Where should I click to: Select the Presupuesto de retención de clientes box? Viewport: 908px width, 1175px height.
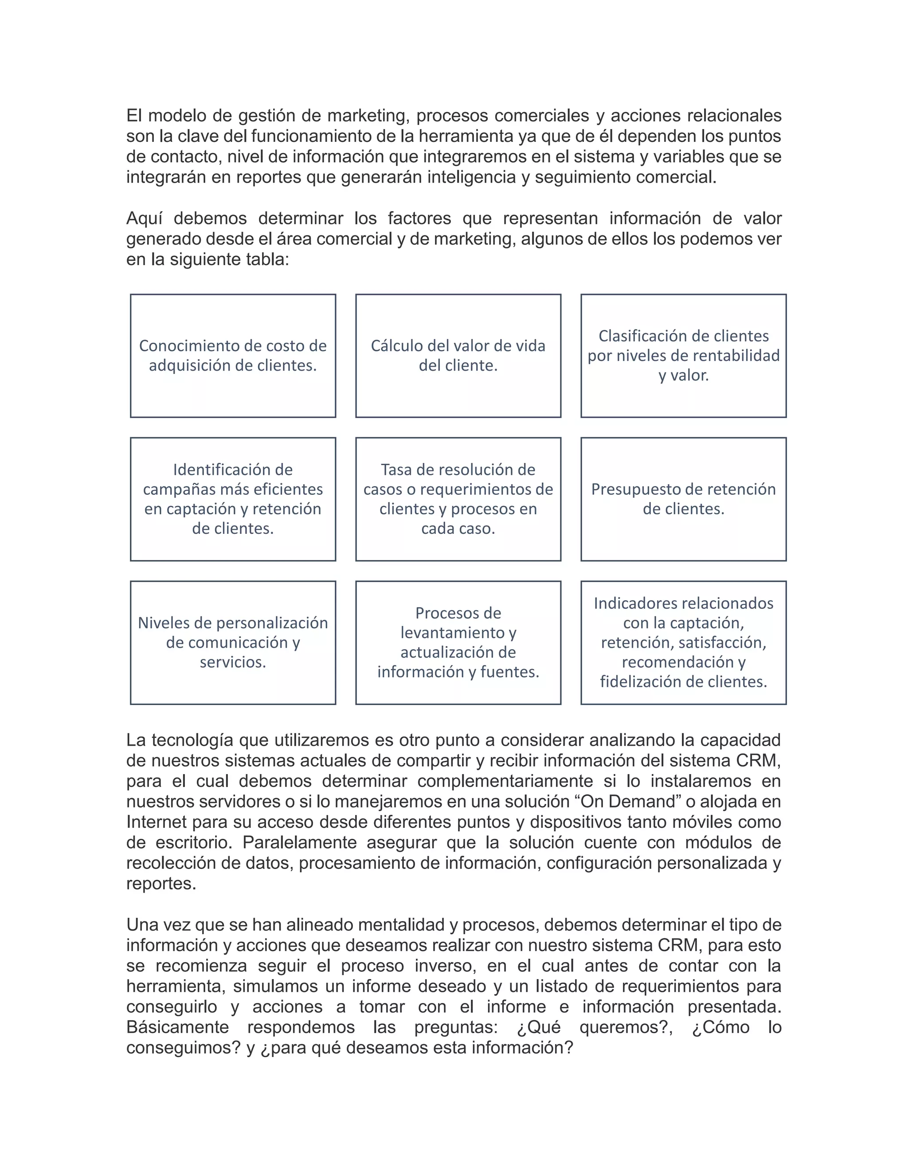[683, 499]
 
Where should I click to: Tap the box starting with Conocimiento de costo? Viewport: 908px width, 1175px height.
[233, 356]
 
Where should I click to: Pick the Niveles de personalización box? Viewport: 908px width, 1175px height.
[233, 642]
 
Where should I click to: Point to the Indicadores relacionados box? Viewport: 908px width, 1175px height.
[683, 642]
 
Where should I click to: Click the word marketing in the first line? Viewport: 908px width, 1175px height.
[368, 116]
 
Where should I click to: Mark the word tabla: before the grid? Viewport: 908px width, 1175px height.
[267, 259]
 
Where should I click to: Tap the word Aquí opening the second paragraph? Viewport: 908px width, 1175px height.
[144, 219]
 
